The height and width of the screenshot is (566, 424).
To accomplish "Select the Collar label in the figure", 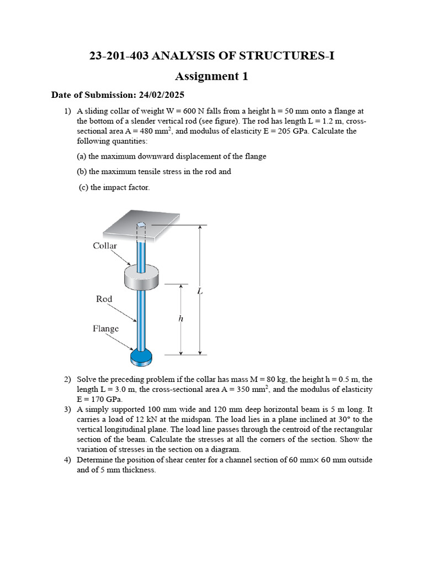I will (x=105, y=246).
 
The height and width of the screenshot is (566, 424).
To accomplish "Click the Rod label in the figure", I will (x=104, y=299).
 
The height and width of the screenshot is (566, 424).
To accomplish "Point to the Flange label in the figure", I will (x=105, y=329).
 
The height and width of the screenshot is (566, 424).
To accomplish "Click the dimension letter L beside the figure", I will (x=200, y=291).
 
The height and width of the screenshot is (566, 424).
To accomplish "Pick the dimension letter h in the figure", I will (x=181, y=319).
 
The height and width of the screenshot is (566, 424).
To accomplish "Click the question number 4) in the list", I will (x=67, y=460).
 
